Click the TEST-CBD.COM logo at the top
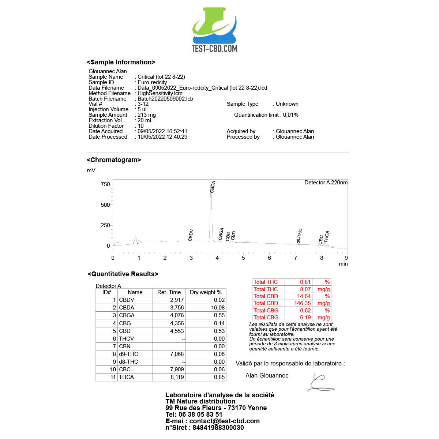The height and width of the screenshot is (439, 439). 215,30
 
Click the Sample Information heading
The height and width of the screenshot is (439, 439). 121,62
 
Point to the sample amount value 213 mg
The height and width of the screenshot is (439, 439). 147,115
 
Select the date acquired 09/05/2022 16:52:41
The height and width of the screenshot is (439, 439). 162,131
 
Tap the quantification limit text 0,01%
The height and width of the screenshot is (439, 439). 290,115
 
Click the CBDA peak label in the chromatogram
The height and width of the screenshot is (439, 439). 213,187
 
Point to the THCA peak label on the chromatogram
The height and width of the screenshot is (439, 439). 327,236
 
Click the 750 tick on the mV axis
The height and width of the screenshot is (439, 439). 105,184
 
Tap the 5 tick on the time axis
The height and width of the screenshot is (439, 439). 243,258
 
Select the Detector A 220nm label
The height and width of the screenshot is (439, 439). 326,183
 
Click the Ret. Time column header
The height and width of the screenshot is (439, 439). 169,292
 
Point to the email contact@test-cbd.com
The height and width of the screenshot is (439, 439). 224,421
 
